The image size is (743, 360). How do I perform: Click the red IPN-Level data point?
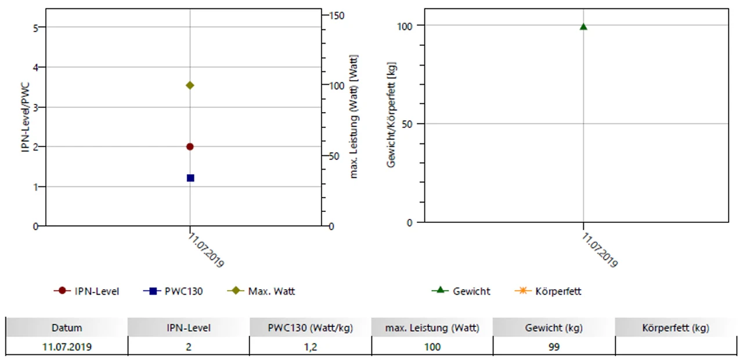(190, 146)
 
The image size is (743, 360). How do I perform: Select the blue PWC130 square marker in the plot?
(190, 178)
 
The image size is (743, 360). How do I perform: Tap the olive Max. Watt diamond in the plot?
(190, 85)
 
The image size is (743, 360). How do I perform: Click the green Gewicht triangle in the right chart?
(583, 27)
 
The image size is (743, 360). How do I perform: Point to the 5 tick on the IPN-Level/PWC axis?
(35, 27)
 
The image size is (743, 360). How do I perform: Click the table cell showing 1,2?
(310, 347)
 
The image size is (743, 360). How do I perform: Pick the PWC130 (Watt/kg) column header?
(310, 328)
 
